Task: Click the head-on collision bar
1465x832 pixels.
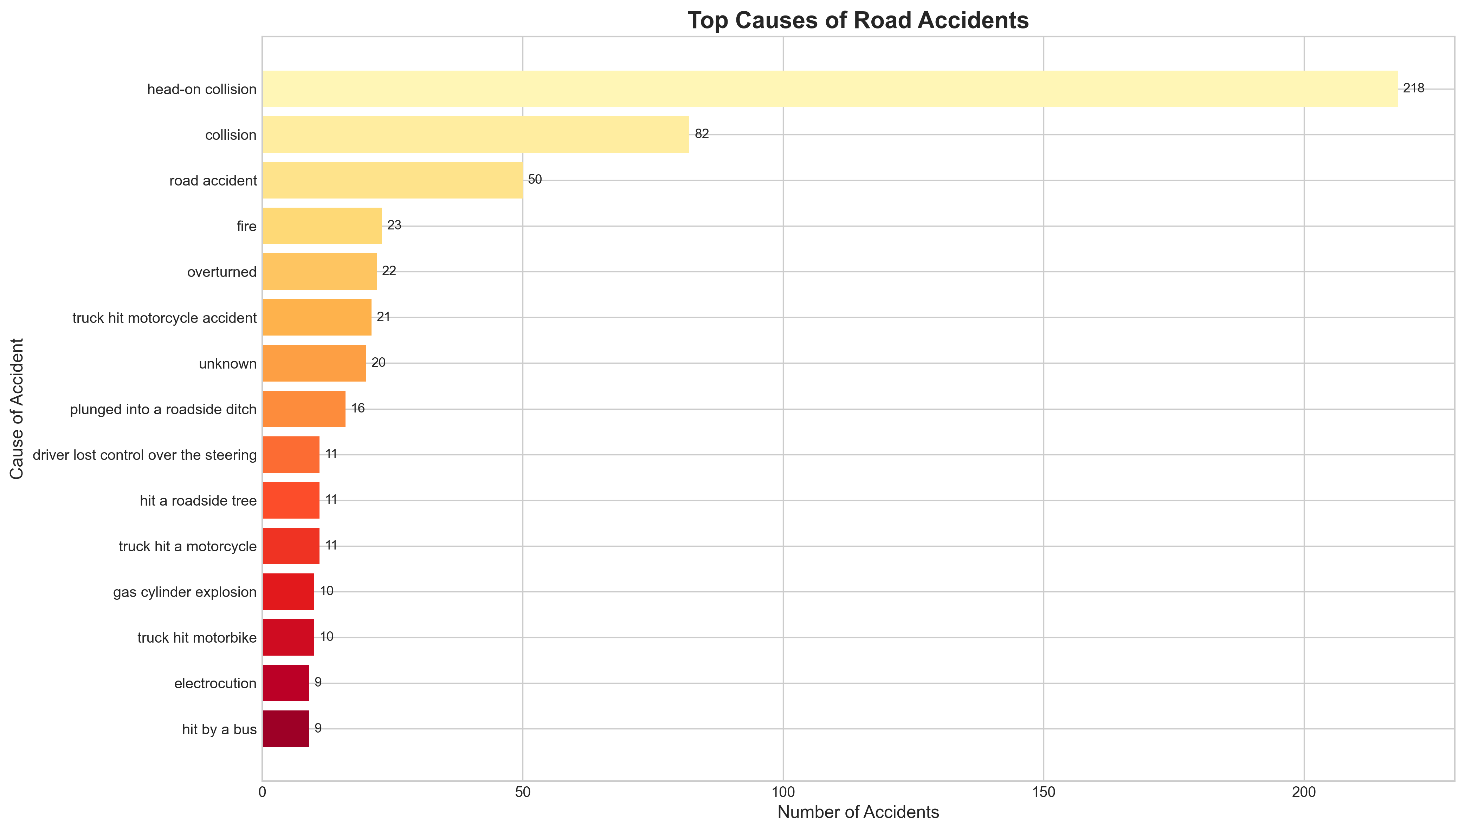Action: tap(830, 89)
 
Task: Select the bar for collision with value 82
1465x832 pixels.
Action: tap(476, 135)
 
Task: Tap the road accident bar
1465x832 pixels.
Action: tap(392, 181)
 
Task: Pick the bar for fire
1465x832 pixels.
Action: tap(322, 226)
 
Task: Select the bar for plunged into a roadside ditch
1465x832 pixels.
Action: tap(304, 409)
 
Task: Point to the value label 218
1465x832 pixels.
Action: tap(1414, 89)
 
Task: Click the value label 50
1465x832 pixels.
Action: tap(535, 180)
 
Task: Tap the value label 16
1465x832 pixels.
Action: tap(358, 409)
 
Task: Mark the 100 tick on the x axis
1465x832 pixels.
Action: tap(783, 793)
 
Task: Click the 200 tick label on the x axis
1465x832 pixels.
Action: tap(1304, 793)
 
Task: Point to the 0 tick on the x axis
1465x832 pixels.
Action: tap(262, 793)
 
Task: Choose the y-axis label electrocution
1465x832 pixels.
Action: tap(215, 683)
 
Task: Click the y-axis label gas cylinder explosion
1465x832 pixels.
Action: tap(185, 592)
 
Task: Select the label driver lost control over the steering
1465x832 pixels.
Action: tap(144, 455)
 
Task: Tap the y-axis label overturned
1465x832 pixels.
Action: tap(222, 272)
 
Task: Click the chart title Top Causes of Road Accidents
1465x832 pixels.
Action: tap(858, 21)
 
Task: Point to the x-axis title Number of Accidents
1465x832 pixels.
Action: tap(858, 812)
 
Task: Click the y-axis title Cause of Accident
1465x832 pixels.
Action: tap(17, 409)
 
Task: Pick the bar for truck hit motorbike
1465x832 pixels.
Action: tap(288, 638)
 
